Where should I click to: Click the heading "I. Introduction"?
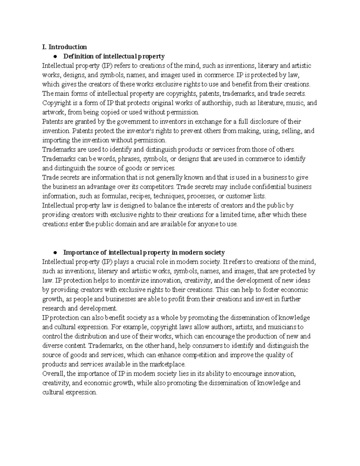tap(64, 47)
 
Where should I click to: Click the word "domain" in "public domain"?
tap(124, 224)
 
